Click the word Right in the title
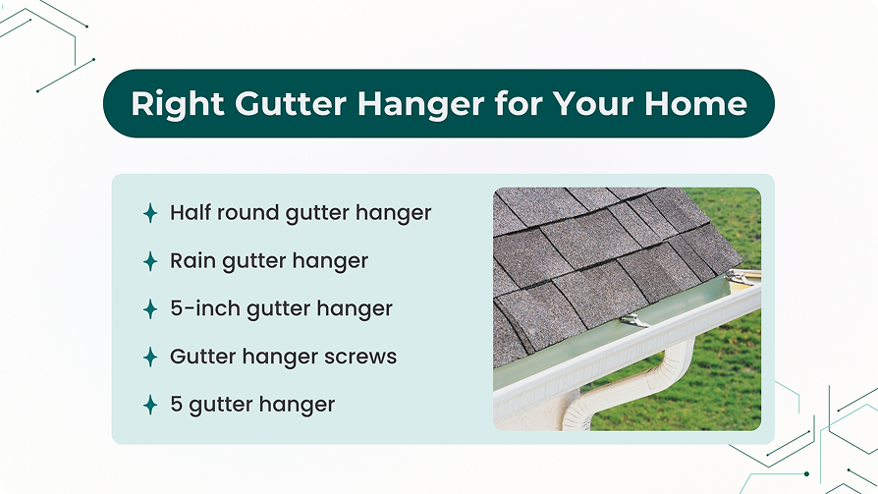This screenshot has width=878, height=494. point(178,105)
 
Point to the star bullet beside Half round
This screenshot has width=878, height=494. point(150,213)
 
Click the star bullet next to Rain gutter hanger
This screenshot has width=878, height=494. point(150,261)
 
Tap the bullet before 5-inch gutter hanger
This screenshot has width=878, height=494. point(150,309)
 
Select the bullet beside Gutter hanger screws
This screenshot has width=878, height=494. point(150,357)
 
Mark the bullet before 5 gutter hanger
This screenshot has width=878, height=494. point(150,405)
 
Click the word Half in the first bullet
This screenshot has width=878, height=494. point(191,212)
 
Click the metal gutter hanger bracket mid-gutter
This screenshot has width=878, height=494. point(634,321)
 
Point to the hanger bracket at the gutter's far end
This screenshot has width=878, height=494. point(740,277)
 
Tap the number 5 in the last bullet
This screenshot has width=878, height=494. point(176,404)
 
